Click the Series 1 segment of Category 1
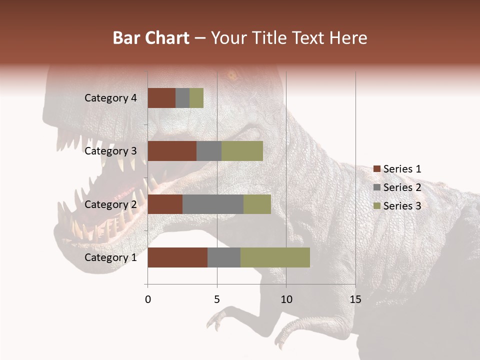(x=177, y=257)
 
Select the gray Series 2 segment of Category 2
(x=213, y=204)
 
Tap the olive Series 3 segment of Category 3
(x=242, y=151)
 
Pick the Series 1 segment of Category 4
(x=161, y=98)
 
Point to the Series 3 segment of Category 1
(x=275, y=257)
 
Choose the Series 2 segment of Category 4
(x=182, y=98)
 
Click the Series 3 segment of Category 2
(x=257, y=204)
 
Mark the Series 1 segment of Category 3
(x=172, y=151)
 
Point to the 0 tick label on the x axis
(x=147, y=299)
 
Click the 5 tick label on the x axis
(x=217, y=299)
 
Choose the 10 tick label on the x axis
(x=286, y=299)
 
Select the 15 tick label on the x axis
(x=355, y=299)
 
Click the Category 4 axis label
(x=110, y=98)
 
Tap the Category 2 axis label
(x=110, y=204)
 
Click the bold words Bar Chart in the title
(x=151, y=38)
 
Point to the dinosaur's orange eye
(x=232, y=76)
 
